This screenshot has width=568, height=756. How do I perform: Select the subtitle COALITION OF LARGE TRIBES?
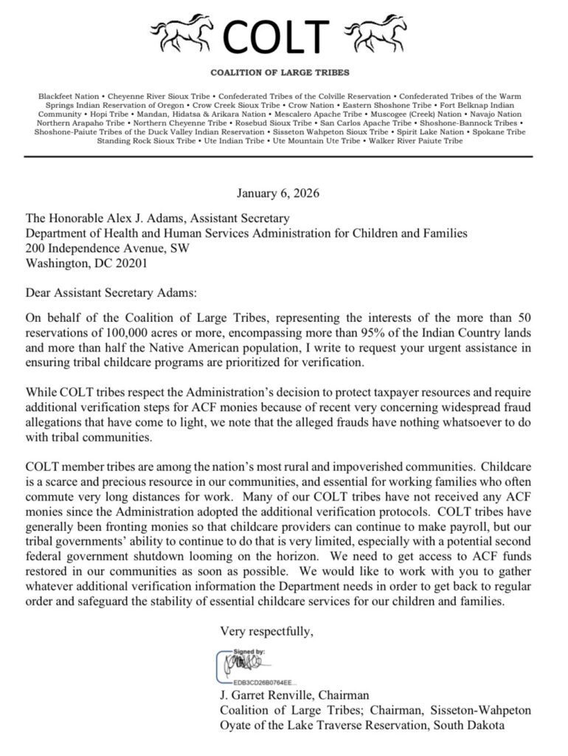(280, 72)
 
